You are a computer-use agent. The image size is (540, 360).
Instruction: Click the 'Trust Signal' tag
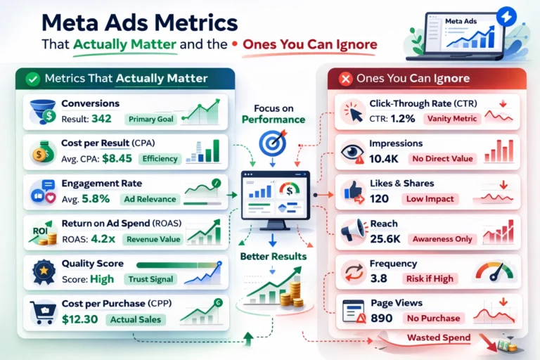[150, 279]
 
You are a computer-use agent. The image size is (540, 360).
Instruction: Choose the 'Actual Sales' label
[136, 320]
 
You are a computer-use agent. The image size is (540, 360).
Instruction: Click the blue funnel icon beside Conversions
[43, 111]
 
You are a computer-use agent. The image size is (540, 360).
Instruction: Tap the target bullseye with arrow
[273, 143]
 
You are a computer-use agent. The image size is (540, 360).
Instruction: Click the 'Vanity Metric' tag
[451, 118]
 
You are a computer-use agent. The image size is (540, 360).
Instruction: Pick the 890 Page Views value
[382, 319]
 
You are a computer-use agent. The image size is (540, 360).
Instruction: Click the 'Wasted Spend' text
[439, 338]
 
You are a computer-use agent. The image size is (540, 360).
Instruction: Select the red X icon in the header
[345, 79]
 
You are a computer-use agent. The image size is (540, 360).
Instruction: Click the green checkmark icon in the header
[31, 79]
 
